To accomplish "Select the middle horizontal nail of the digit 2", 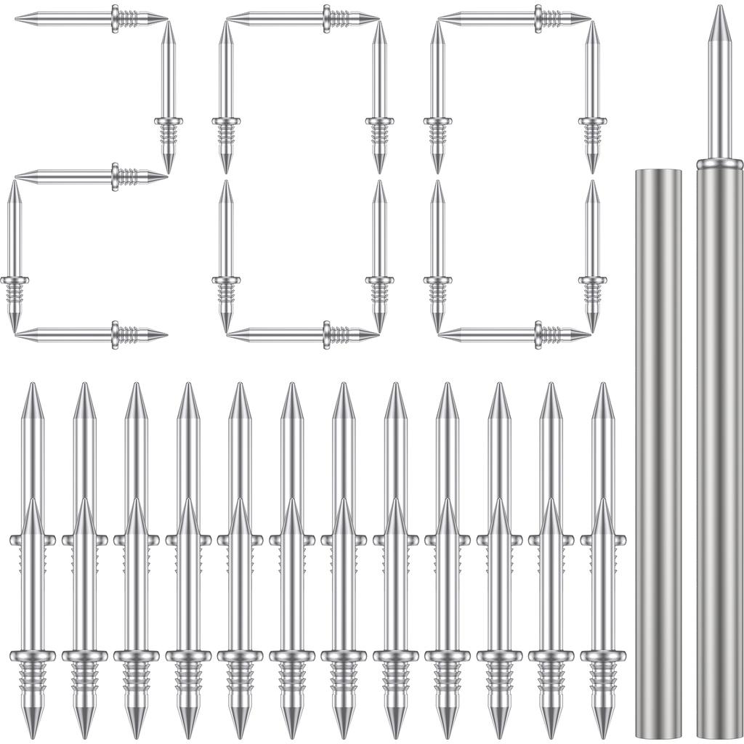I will pos(91,175).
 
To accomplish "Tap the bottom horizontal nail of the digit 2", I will pos(91,334).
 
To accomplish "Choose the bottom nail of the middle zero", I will pos(302,334).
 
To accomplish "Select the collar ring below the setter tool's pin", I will pos(719,164).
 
